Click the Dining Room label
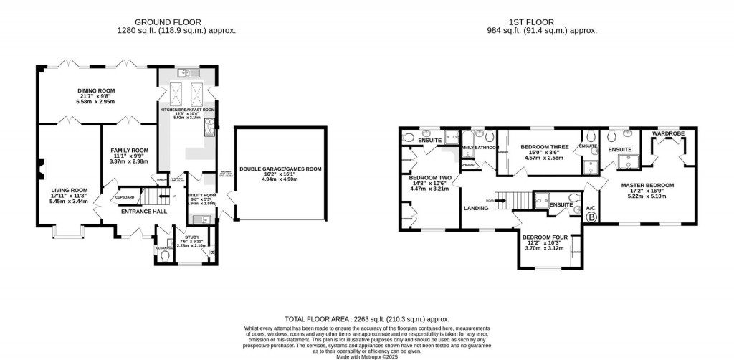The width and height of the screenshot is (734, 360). [96, 91]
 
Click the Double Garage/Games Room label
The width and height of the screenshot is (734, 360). [280, 169]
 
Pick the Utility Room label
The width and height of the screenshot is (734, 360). [201, 195]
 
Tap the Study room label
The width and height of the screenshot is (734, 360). [191, 236]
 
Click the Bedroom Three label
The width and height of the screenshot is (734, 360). [544, 147]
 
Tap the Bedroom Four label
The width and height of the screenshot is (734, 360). [545, 237]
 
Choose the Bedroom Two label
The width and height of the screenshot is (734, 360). [430, 177]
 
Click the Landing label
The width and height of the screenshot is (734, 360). [476, 208]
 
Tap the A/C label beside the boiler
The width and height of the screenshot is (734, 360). [591, 207]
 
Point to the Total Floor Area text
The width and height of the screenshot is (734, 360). [366, 318]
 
